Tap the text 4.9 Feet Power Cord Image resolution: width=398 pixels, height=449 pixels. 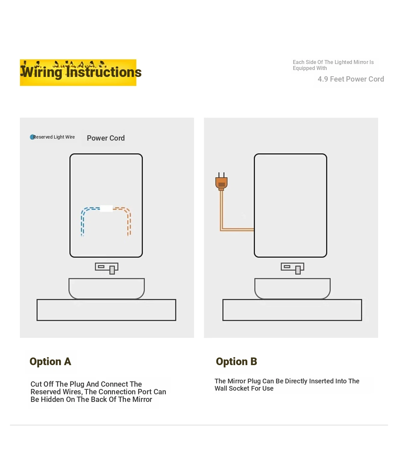351,79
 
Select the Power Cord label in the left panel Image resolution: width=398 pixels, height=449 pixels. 106,138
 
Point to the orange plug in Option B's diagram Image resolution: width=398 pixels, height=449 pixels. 221,181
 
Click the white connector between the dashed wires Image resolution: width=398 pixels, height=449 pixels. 106,209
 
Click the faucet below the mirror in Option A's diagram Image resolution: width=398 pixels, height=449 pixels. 106,268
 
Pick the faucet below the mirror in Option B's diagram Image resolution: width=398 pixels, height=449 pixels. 292,268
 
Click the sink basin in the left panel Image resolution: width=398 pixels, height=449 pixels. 106,289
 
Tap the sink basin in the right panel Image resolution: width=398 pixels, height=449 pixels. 292,289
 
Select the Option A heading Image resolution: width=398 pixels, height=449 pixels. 50,361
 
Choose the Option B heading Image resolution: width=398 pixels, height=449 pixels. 236,361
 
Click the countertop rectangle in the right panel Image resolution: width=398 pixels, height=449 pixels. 292,310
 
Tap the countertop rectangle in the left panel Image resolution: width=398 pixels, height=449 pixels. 106,310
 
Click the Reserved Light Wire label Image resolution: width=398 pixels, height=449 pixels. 54,137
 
